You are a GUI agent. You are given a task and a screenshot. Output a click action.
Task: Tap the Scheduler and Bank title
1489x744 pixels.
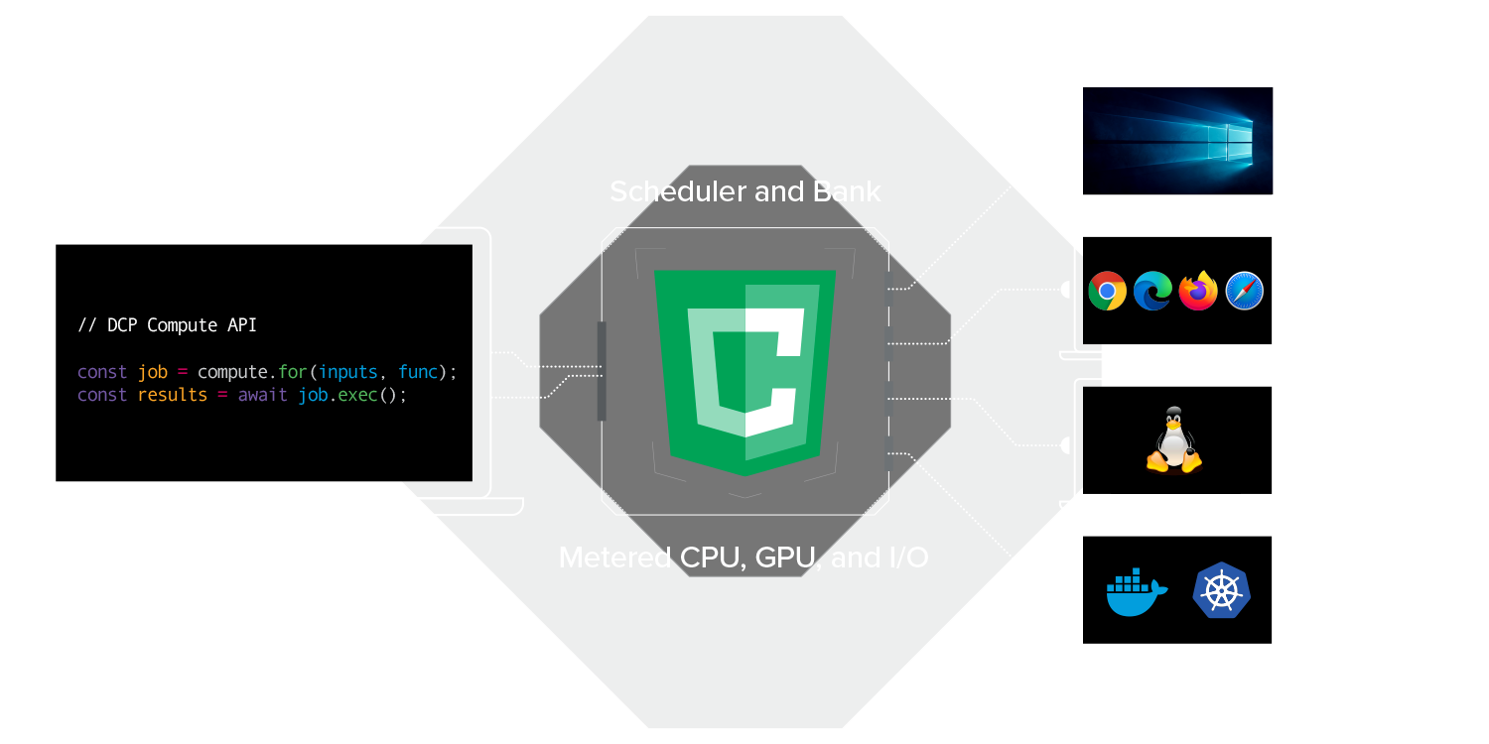click(744, 191)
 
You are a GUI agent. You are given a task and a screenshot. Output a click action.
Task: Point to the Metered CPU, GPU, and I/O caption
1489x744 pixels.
click(744, 558)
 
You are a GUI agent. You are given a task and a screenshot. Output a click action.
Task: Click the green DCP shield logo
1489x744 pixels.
click(744, 371)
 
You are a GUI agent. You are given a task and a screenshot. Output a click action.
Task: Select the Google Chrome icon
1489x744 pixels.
click(1107, 291)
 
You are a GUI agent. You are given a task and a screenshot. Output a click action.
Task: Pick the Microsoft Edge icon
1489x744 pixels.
click(1152, 291)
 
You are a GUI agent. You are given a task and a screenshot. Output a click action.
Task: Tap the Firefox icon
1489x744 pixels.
click(1198, 291)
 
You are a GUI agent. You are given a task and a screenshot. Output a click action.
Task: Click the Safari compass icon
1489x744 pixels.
click(1244, 291)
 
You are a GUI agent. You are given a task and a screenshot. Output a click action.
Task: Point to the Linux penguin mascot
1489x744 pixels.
click(1174, 440)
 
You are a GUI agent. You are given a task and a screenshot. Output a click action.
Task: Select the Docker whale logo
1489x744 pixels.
click(1136, 591)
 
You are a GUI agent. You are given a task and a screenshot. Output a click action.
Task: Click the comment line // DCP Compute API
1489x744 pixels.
click(167, 325)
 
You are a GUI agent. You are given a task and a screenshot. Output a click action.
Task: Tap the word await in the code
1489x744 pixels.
click(262, 395)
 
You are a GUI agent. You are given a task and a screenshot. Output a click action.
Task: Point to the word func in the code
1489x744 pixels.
click(418, 372)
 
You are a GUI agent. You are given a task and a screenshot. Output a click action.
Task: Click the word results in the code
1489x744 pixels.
click(172, 395)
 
